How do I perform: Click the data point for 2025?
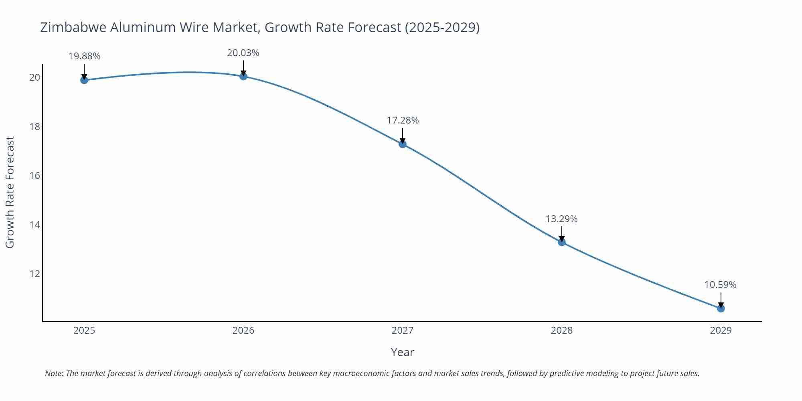[84, 80]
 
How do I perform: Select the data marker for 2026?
[243, 76]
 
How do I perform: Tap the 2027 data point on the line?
[403, 144]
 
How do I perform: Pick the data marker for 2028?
[562, 242]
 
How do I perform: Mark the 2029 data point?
[721, 308]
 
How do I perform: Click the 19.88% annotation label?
[84, 56]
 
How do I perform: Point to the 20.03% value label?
[243, 53]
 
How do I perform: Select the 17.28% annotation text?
[403, 120]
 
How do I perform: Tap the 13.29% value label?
[561, 219]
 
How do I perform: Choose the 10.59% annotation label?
[720, 285]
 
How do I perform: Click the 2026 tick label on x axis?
[243, 330]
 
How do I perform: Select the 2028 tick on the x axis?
[561, 330]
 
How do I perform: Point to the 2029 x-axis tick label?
[721, 330]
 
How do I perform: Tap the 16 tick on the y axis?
[35, 176]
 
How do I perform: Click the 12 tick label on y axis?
[35, 274]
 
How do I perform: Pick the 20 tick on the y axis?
[35, 77]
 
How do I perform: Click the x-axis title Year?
[402, 352]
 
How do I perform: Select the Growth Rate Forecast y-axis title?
[10, 192]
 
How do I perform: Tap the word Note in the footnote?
[53, 373]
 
